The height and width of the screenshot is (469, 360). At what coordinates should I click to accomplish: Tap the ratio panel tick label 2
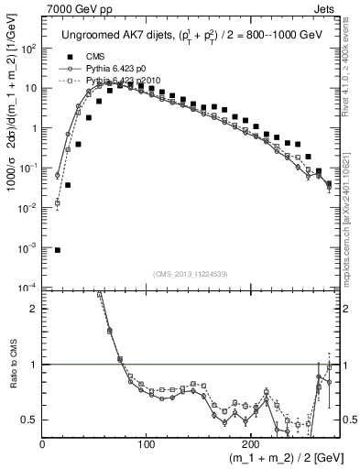(33, 309)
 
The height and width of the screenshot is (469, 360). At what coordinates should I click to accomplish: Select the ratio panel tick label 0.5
(29, 420)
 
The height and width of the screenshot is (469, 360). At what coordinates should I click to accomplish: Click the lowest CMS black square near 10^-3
(58, 249)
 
